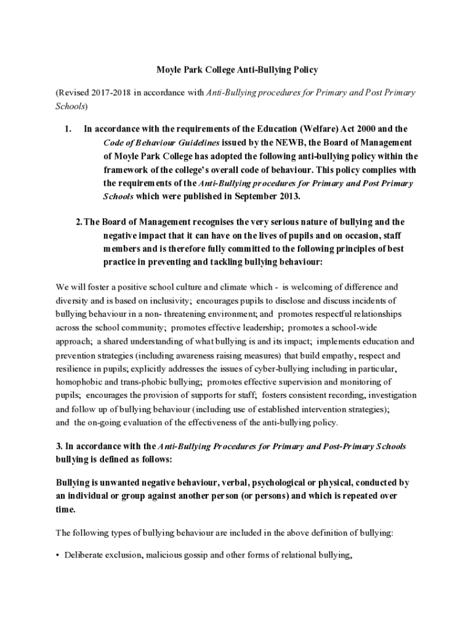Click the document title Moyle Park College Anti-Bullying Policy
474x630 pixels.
(236, 70)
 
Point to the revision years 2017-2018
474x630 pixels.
(111, 92)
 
